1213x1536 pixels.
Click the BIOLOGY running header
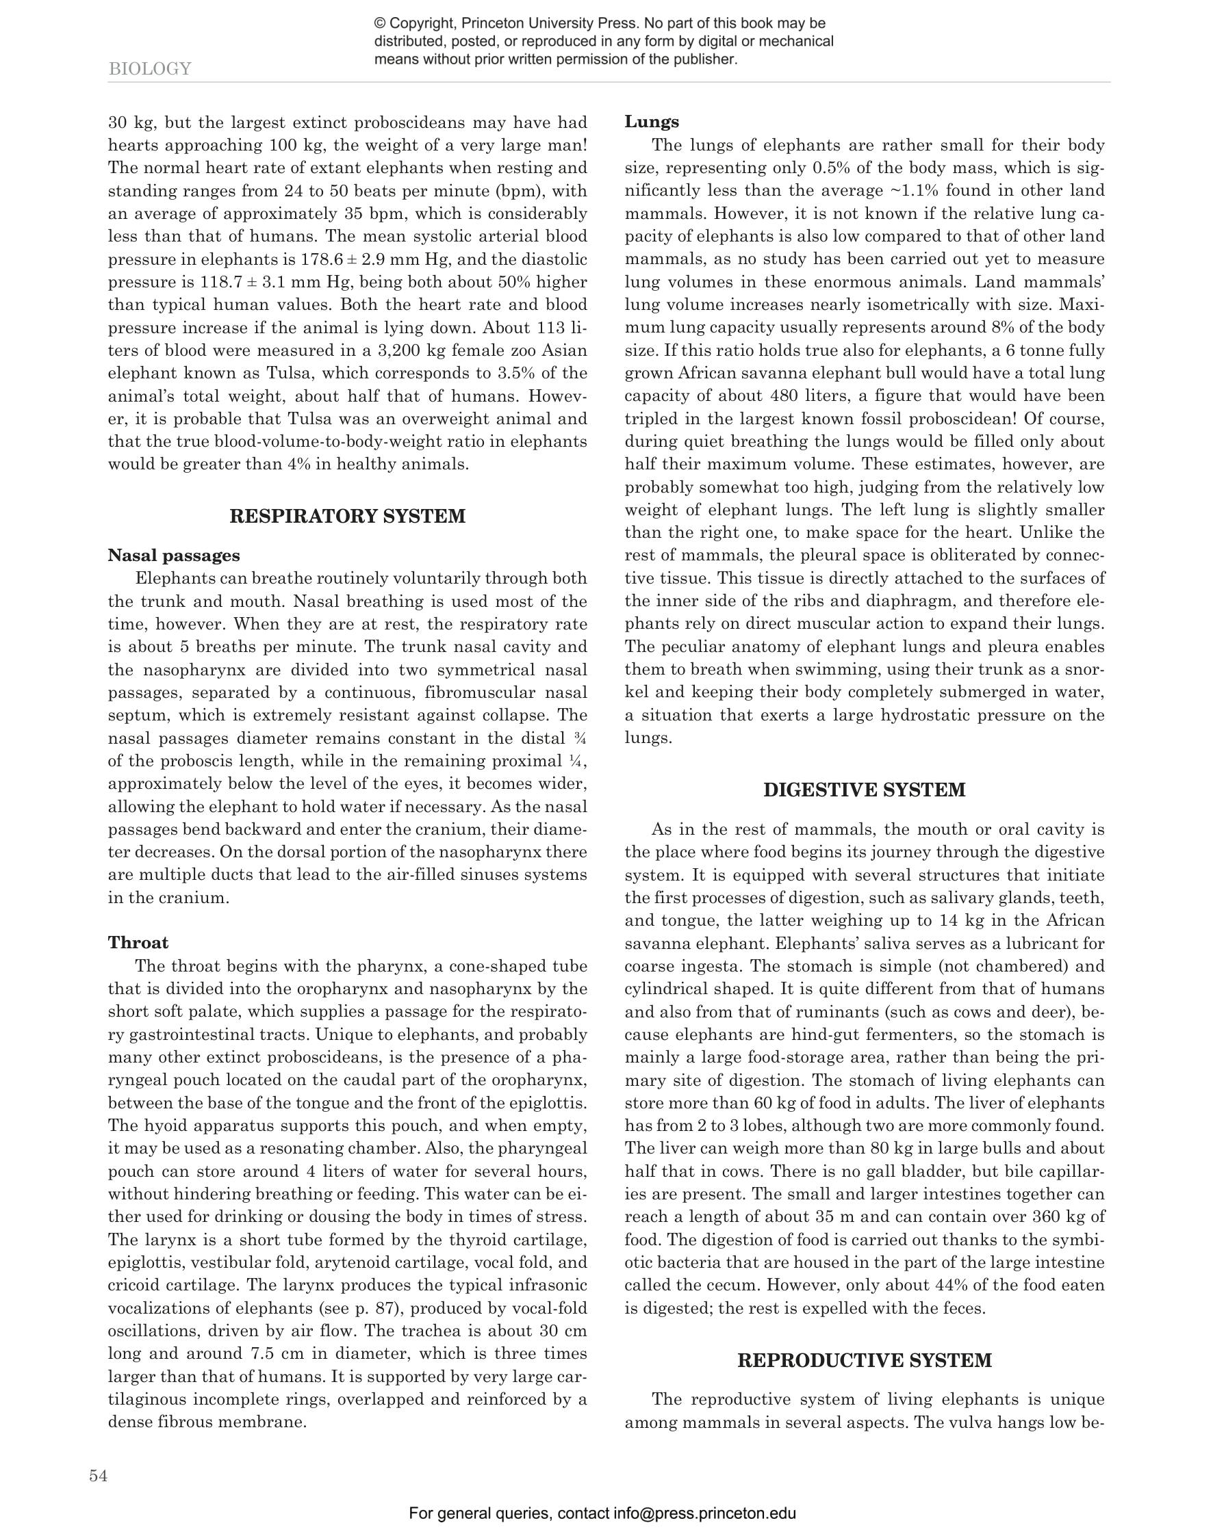[x=150, y=69]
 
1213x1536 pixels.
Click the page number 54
[x=99, y=1476]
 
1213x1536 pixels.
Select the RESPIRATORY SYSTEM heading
[x=347, y=516]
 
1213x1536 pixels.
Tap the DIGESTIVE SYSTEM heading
[x=865, y=790]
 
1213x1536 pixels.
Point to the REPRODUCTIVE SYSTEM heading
[x=865, y=1361]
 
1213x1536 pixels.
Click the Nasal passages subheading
[x=174, y=555]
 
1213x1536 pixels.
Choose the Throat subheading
[x=138, y=943]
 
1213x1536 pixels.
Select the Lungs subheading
[x=652, y=121]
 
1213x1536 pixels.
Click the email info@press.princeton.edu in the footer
[x=704, y=1513]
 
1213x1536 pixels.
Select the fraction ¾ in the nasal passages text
[x=581, y=738]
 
